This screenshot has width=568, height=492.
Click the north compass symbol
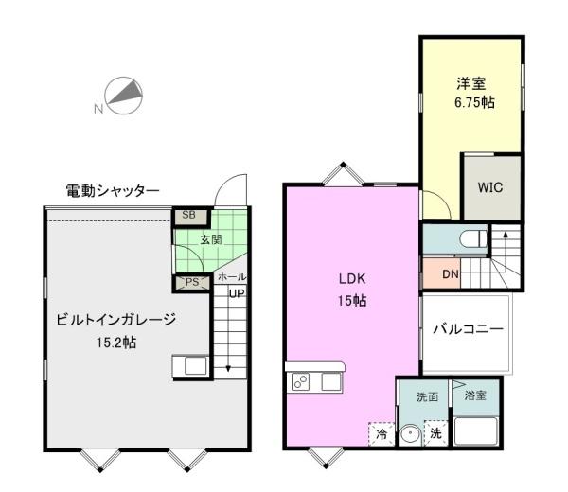coord(123,96)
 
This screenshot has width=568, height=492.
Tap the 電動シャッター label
coord(113,191)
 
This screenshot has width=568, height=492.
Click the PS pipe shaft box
coord(192,283)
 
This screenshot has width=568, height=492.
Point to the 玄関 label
coord(211,239)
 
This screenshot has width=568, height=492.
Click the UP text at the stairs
coord(237,293)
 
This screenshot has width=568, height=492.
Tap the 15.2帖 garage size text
coord(116,343)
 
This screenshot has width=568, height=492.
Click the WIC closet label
coord(490,187)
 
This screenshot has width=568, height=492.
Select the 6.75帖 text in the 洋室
coord(474,102)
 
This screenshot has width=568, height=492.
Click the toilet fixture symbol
coord(473,238)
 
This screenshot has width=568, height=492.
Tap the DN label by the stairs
coord(451,274)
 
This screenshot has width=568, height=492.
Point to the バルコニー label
coord(469,329)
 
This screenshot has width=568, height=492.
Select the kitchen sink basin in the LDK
coord(331,381)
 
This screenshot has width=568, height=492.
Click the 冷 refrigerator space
coord(382,433)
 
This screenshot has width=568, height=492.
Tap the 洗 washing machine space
coord(435,433)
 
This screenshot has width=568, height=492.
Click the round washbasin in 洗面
coord(411,434)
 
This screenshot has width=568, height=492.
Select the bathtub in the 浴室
coord(475,430)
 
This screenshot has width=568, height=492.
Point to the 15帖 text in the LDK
coord(352,301)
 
